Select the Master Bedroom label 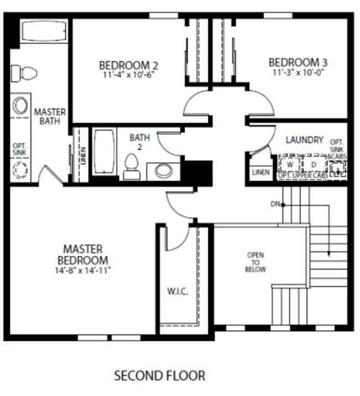[x=83, y=255]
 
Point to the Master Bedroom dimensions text [x=83, y=271]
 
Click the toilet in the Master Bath [x=24, y=73]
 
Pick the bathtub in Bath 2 [x=104, y=151]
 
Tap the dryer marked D [x=313, y=165]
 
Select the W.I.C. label [x=177, y=291]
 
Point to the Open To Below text [x=256, y=262]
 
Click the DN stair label [x=275, y=204]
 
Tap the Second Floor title [x=160, y=376]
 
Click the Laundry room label [x=304, y=140]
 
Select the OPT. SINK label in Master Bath [x=19, y=149]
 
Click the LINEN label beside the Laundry [x=260, y=172]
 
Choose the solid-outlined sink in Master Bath [x=20, y=105]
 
